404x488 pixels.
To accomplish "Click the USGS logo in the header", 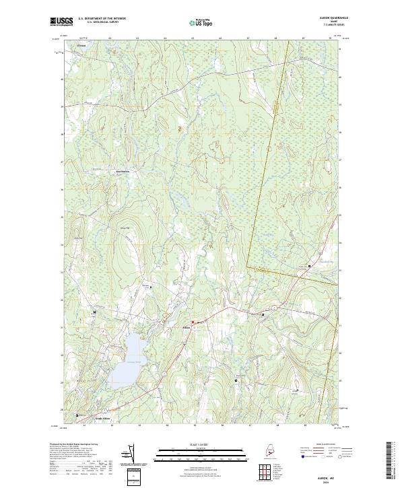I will (60, 22).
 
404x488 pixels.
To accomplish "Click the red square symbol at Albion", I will (193, 322).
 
